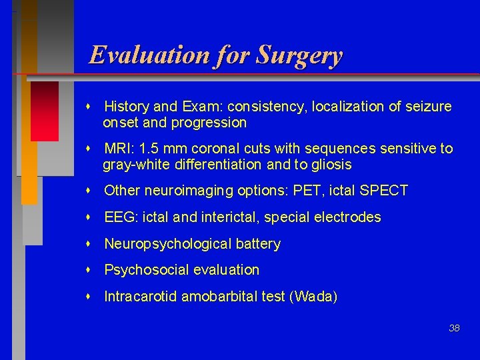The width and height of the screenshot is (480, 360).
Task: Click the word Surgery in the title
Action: click(x=300, y=55)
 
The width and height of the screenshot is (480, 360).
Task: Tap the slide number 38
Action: click(x=454, y=328)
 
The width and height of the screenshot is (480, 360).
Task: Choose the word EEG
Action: click(x=119, y=217)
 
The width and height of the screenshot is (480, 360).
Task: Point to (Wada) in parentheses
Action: click(x=313, y=297)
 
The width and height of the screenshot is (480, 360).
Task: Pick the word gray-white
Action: click(x=134, y=165)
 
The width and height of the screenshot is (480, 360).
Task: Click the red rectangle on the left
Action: click(x=45, y=111)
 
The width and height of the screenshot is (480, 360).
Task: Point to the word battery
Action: click(x=258, y=244)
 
